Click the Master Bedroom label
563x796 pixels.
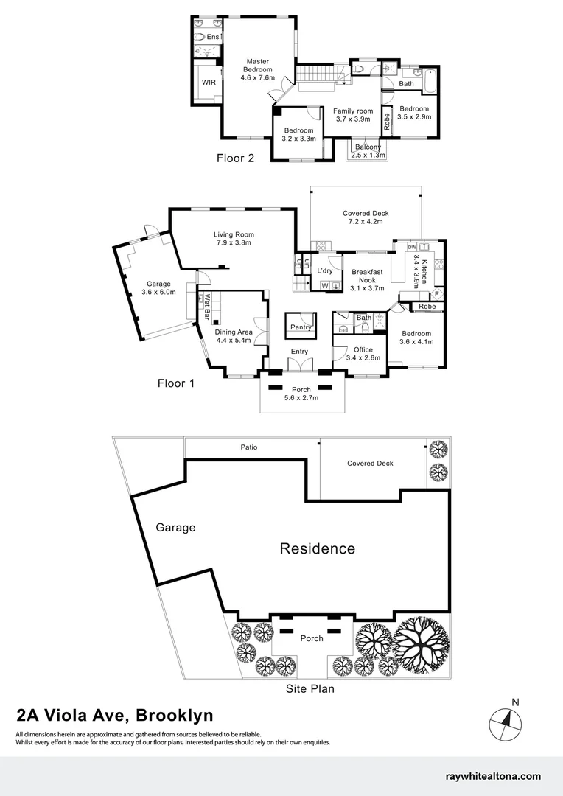pos(258,69)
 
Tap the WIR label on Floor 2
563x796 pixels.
pos(209,83)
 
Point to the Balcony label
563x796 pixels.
pos(368,151)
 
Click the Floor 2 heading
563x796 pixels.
pos(235,158)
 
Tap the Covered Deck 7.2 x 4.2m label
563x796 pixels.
pos(366,217)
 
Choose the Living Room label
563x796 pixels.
pos(234,238)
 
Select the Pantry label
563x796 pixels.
pos(301,327)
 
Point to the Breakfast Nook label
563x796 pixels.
pos(367,276)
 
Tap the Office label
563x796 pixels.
pos(363,354)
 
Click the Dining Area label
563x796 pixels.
pos(234,337)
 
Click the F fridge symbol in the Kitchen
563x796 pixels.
pos(436,293)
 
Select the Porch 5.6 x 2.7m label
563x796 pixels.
pos(301,394)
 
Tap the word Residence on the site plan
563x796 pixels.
pos(317,548)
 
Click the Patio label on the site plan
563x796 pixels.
pos(248,447)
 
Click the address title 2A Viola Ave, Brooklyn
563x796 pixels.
pos(115,715)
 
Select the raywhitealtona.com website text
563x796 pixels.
pos(494,776)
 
